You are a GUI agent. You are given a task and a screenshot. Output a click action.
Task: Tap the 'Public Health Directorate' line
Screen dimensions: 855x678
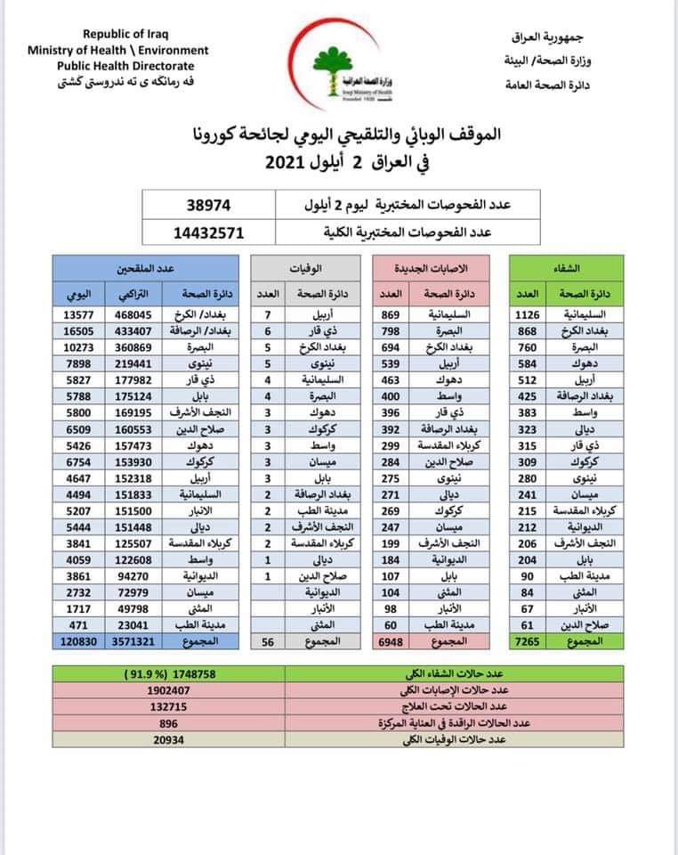tap(125, 65)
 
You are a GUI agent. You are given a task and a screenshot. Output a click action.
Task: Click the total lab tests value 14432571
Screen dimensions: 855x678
tap(208, 232)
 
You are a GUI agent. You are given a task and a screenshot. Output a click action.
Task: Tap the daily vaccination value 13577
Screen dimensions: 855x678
tap(76, 313)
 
